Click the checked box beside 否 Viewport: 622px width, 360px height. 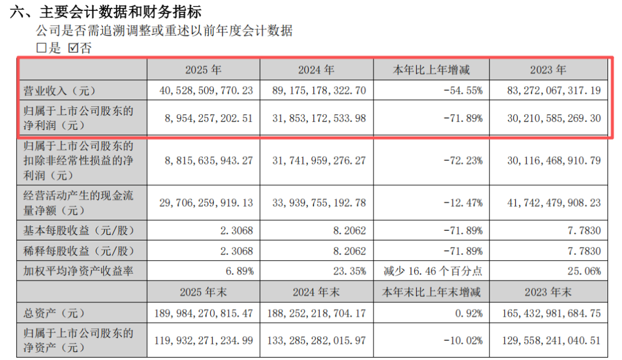[x=73, y=48]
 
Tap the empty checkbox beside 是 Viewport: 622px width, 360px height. [x=41, y=48]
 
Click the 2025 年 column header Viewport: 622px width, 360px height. [x=203, y=70]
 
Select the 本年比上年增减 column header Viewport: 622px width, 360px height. [x=431, y=70]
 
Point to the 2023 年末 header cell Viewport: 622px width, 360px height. [x=549, y=292]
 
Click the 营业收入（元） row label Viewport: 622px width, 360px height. [x=60, y=91]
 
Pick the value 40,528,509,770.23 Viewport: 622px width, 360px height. [x=207, y=91]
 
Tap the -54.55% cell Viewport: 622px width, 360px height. [x=463, y=91]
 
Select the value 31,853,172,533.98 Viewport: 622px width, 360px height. [x=319, y=118]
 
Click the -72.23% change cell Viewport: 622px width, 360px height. [x=463, y=160]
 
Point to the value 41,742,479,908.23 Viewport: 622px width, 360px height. [x=554, y=203]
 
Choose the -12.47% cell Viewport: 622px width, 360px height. [x=463, y=203]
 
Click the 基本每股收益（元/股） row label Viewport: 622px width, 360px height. [x=79, y=230]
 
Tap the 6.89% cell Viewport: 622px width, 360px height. [x=239, y=271]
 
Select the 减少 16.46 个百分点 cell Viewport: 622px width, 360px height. [x=432, y=271]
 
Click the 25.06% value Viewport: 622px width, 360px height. [x=584, y=271]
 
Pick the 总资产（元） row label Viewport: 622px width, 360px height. [x=54, y=313]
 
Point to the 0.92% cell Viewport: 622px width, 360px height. [x=469, y=313]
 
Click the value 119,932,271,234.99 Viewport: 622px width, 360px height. [x=203, y=340]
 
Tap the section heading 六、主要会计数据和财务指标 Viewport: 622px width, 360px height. [x=106, y=12]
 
